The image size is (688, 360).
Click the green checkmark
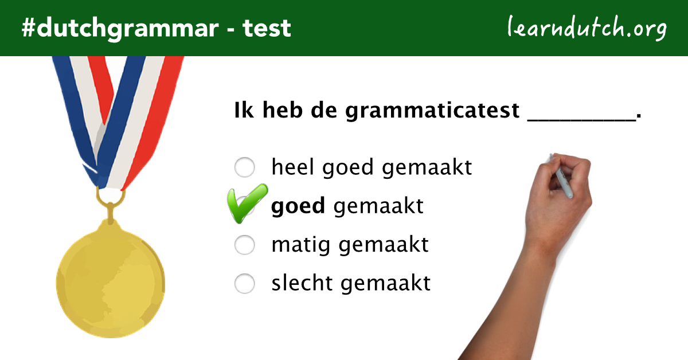click(x=247, y=204)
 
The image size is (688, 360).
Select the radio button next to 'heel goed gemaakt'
click(x=245, y=168)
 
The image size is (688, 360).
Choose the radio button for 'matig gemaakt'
click(x=245, y=245)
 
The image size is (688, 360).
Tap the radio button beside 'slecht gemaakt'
click(x=245, y=283)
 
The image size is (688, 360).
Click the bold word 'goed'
click(x=298, y=206)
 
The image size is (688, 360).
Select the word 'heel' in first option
click(x=293, y=167)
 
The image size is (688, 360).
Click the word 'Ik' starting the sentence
click(x=243, y=110)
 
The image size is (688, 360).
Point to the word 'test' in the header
click(x=267, y=28)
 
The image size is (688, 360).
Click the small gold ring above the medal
click(x=110, y=197)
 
